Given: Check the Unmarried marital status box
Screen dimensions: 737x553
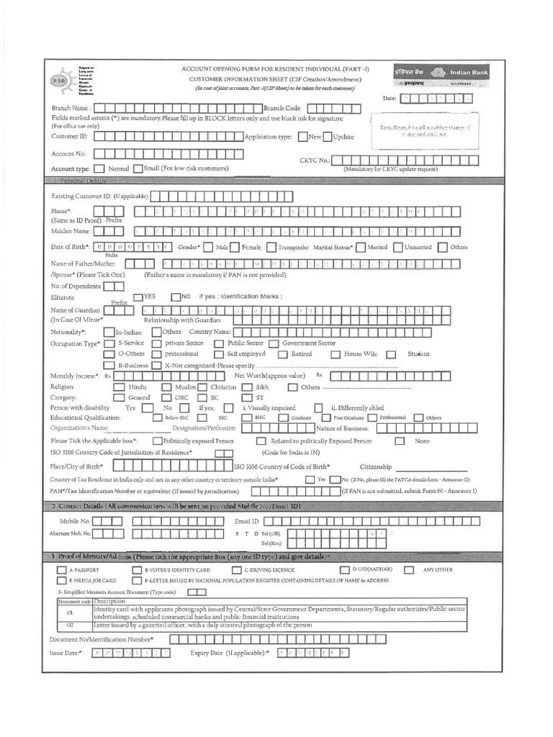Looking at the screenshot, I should pyautogui.click(x=397, y=248).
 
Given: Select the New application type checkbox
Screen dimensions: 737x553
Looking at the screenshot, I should pyautogui.click(x=303, y=136).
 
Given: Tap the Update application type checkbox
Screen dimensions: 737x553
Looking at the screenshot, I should pyautogui.click(x=328, y=136).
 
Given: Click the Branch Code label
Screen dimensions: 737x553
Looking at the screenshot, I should pyautogui.click(x=282, y=107).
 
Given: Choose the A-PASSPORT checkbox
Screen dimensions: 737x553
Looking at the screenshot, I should pyautogui.click(x=62, y=570).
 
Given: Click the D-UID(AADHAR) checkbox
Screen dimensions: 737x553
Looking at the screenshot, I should pyautogui.click(x=344, y=570).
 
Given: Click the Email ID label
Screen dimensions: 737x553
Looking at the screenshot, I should pyautogui.click(x=247, y=520).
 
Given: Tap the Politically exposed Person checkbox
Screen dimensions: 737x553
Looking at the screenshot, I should pyautogui.click(x=156, y=440).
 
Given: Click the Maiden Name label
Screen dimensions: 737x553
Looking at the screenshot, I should pyautogui.click(x=71, y=231).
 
